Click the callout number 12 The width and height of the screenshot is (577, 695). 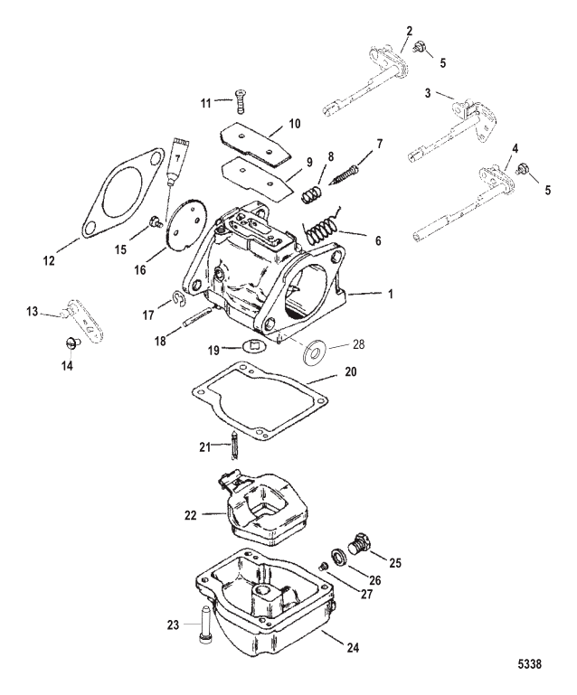pos(49,260)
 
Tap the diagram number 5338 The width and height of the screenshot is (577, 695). pos(531,664)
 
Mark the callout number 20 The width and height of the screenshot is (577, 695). pos(350,371)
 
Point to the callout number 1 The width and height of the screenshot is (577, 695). pos(391,294)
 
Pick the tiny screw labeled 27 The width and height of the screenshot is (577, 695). pos(324,567)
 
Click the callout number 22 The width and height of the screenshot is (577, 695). pos(190,515)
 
